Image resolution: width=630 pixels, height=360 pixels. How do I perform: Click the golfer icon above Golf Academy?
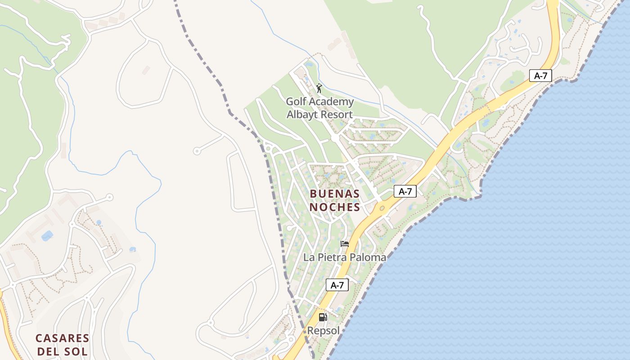319,88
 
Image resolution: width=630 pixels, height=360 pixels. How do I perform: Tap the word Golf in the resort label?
296,102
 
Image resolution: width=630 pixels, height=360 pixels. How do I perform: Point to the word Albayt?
301,114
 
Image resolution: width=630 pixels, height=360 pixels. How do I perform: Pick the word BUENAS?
335,193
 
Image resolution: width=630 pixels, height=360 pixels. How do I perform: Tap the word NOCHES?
335,207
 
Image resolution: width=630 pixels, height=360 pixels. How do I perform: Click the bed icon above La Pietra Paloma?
345,244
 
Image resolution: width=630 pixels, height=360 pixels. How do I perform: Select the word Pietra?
331,257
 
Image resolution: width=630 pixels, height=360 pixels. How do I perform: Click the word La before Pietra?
309,257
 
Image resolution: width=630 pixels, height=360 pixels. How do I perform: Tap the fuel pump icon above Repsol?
323,317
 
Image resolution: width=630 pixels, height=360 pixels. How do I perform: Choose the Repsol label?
323,331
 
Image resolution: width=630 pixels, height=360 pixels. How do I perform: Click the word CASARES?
63,338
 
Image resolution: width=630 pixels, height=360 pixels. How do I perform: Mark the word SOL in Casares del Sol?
78,351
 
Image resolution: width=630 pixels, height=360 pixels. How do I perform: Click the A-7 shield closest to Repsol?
337,285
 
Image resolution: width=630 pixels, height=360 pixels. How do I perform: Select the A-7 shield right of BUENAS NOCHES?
405,191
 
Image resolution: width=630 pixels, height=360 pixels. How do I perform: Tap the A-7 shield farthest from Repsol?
540,76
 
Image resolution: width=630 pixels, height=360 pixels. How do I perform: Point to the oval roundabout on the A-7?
382,208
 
